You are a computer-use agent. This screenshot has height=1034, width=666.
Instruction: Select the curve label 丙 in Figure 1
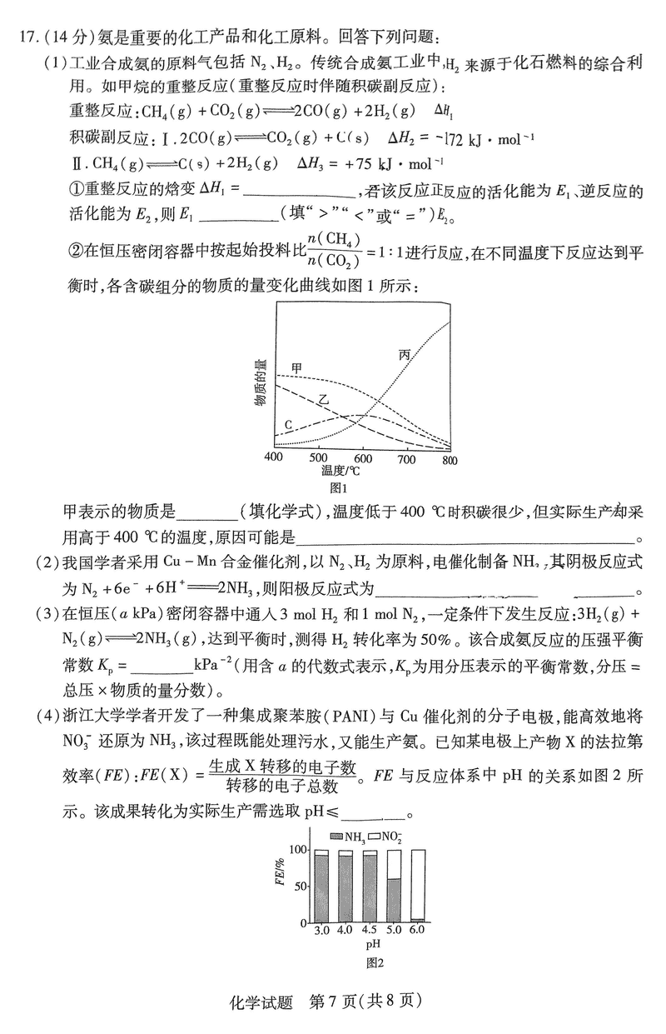coord(405,355)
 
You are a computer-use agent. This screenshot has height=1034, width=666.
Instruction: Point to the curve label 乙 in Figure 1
coord(324,402)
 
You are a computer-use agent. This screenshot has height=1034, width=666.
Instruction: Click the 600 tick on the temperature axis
coord(362,458)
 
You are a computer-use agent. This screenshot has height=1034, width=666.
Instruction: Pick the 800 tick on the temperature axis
coord(450,458)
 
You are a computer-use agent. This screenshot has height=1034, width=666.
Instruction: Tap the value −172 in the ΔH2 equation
coord(434,138)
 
